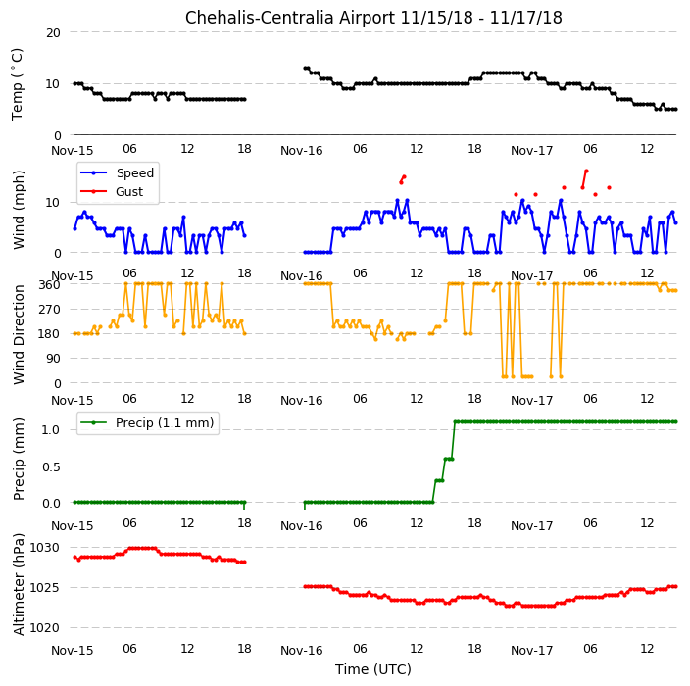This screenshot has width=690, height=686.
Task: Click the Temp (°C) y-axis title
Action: pyautogui.click(x=17, y=84)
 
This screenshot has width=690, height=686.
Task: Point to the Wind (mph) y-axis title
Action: pyautogui.click(x=19, y=211)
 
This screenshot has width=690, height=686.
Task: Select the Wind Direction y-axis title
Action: pyautogui.click(x=19, y=335)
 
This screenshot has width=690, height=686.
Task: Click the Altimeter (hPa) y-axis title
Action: pyautogui.click(x=19, y=584)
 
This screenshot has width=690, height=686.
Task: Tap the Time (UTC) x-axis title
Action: pyautogui.click(x=373, y=669)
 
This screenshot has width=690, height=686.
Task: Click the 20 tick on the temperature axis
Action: pyautogui.click(x=53, y=32)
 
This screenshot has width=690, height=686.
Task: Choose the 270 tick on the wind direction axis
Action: pyautogui.click(x=49, y=310)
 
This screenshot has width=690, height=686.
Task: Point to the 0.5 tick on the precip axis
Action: pyautogui.click(x=51, y=466)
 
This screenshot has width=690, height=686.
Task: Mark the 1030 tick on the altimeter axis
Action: pyautogui.click(x=44, y=548)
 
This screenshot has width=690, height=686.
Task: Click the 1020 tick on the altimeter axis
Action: pyautogui.click(x=44, y=628)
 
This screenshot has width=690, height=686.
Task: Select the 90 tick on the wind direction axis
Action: pyautogui.click(x=53, y=359)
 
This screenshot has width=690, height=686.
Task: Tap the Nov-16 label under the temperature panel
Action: pyautogui.click(x=302, y=151)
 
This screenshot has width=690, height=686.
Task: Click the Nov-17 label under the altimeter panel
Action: pyautogui.click(x=531, y=651)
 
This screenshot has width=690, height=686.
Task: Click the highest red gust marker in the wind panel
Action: pyautogui.click(x=586, y=171)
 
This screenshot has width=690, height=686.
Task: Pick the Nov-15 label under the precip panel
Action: pyautogui.click(x=73, y=526)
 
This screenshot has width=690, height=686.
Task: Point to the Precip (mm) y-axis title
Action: pyautogui.click(x=19, y=459)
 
